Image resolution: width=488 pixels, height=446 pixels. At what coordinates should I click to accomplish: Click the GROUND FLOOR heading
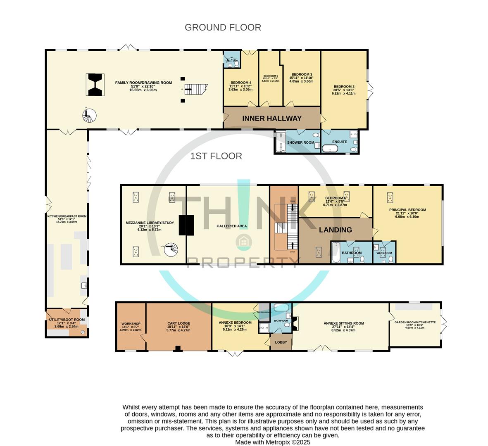223,28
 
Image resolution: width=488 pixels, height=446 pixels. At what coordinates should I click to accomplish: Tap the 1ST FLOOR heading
216,156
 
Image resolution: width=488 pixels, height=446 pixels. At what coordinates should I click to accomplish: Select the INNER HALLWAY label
272,119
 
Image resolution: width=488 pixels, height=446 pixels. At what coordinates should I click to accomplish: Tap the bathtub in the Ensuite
331,148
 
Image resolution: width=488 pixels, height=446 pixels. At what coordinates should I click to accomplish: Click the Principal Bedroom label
407,210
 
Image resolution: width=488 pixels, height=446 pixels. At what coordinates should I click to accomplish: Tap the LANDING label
336,230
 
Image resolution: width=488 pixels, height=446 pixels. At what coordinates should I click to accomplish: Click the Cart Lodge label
179,323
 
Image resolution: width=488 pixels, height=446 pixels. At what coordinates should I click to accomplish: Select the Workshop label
131,323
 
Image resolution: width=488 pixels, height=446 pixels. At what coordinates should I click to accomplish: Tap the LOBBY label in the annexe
281,342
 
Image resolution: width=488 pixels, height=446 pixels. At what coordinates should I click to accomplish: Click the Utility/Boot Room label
67,320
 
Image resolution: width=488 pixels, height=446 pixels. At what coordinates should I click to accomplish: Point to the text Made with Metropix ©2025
273,442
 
